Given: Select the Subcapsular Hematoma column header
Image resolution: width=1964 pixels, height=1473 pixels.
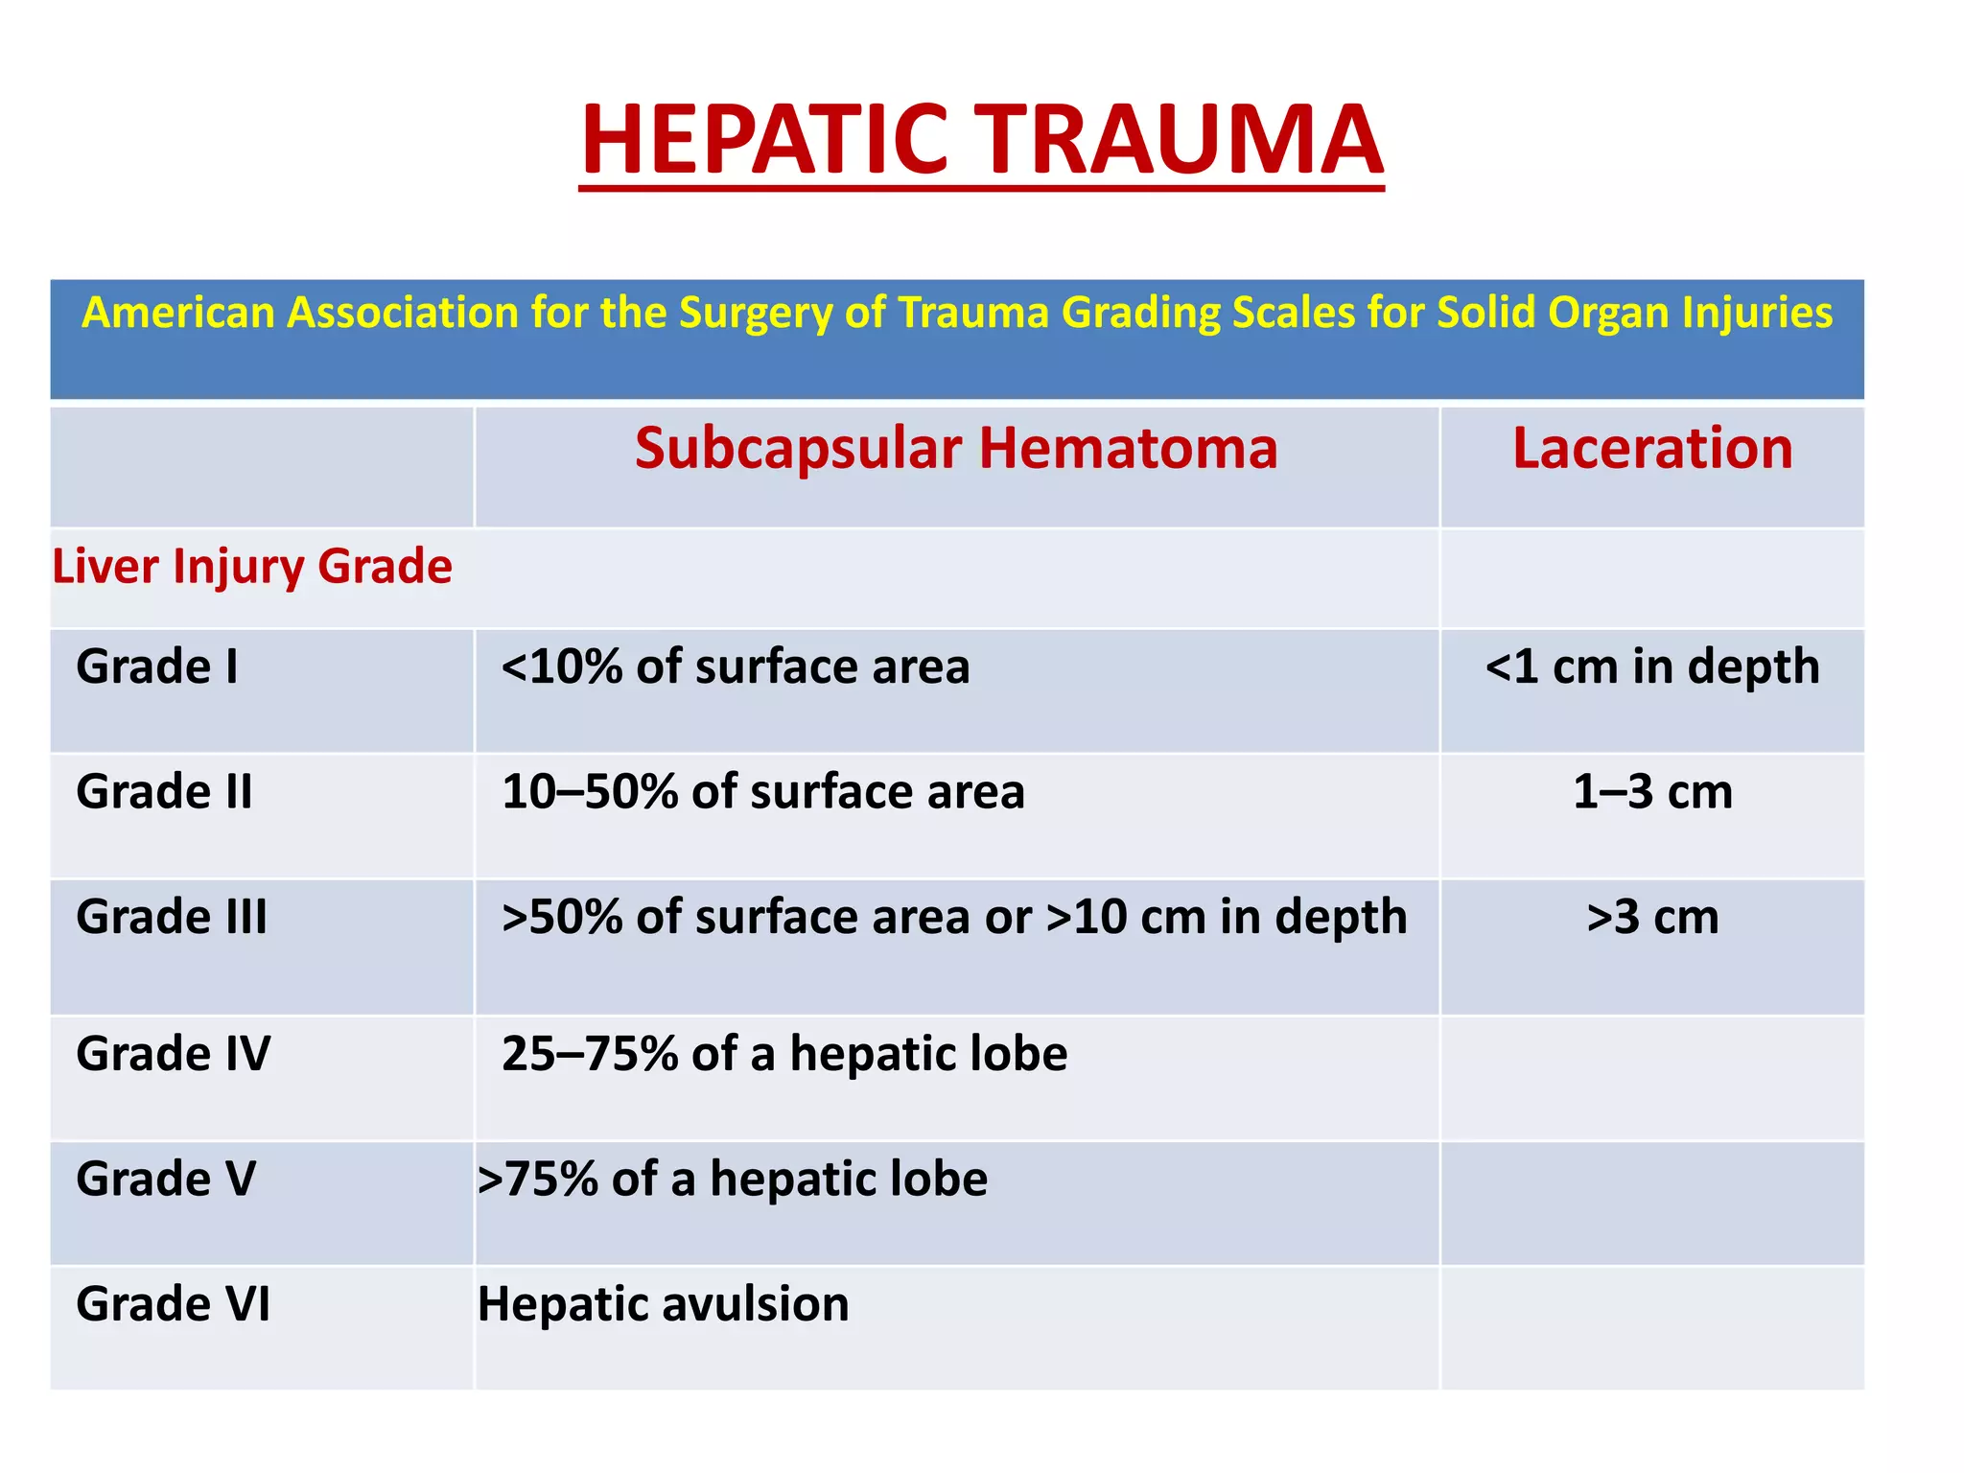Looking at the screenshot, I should (x=956, y=449).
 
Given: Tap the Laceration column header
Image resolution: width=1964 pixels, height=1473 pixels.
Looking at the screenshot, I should (x=1652, y=449).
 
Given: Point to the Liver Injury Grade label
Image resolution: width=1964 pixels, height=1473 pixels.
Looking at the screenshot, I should (x=252, y=567).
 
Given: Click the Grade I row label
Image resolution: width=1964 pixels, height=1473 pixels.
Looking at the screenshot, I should (x=157, y=666).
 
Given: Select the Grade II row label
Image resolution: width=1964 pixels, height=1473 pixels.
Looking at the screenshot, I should (x=164, y=792).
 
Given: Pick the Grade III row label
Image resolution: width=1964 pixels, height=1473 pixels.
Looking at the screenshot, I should (x=172, y=917).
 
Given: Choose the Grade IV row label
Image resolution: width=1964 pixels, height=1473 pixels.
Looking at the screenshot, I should (x=173, y=1054).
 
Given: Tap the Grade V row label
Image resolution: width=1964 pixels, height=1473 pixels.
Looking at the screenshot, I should (x=166, y=1179).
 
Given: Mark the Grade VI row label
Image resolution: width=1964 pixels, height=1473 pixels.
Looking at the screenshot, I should (x=173, y=1304).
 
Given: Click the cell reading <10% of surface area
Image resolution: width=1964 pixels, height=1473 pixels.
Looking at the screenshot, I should (x=736, y=666).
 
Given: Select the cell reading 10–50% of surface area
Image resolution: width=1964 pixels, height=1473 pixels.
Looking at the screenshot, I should (x=763, y=792).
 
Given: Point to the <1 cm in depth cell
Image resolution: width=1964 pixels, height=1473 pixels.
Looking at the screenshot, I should (x=1652, y=666).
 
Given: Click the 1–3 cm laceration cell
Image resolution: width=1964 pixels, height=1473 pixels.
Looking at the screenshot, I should (x=1652, y=792).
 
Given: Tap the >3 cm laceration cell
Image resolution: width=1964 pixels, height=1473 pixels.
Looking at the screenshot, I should (x=1652, y=917).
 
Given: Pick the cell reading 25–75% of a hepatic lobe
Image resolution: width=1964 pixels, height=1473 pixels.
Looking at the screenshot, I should (x=784, y=1054).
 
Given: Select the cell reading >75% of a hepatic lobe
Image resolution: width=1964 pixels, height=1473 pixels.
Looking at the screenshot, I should (x=733, y=1179).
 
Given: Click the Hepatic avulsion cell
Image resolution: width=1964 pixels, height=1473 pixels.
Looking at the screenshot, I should (x=664, y=1304).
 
